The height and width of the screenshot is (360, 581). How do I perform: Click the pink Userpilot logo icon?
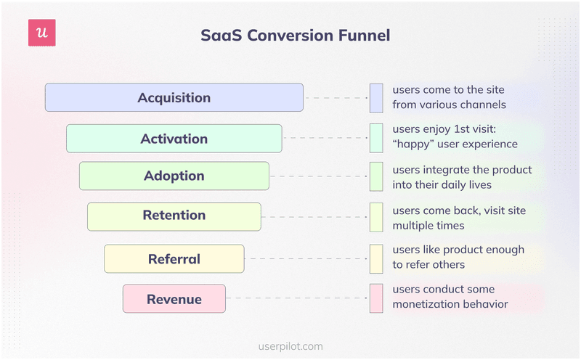click(x=41, y=33)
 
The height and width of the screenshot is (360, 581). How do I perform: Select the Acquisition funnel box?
click(x=174, y=97)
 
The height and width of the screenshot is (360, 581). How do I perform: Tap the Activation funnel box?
click(x=174, y=139)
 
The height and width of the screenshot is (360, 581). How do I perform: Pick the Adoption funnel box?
click(x=174, y=176)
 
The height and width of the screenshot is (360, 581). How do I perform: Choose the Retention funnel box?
click(x=174, y=216)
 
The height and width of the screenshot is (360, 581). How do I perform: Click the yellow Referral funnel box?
click(x=174, y=259)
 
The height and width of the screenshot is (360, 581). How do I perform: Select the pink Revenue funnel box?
click(x=174, y=299)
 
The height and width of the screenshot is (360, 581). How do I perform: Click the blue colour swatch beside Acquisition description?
click(x=376, y=98)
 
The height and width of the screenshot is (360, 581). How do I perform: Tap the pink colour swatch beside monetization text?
click(x=376, y=298)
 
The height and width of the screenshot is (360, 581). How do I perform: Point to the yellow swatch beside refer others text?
click(x=376, y=258)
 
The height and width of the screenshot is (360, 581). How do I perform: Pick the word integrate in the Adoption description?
click(x=452, y=170)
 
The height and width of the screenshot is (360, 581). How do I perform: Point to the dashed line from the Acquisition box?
click(x=336, y=98)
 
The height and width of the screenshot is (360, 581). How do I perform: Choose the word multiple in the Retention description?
click(x=415, y=225)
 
